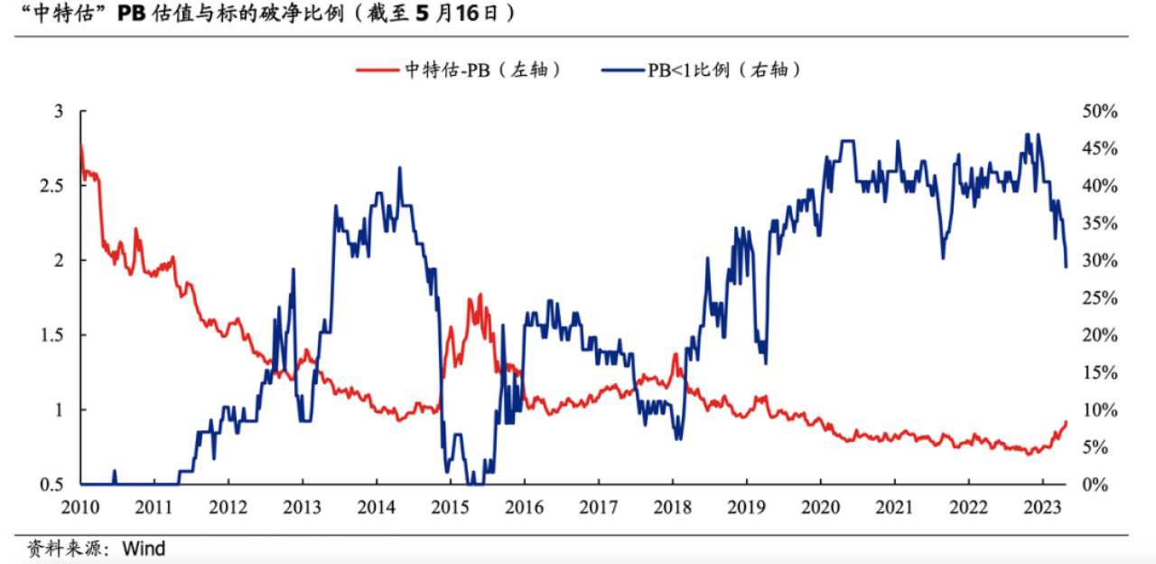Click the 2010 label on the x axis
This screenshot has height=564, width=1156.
[81, 507]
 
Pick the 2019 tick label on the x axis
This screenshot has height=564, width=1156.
[746, 507]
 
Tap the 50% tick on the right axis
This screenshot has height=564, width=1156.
[1099, 111]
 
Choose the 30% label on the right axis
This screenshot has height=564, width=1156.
[1099, 260]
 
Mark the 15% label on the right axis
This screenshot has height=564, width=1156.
[1099, 372]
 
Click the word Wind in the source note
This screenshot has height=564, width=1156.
[144, 548]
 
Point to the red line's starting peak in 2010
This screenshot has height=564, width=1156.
[81, 145]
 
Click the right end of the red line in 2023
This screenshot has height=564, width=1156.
[1067, 422]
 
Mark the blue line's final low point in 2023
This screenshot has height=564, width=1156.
[1067, 267]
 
